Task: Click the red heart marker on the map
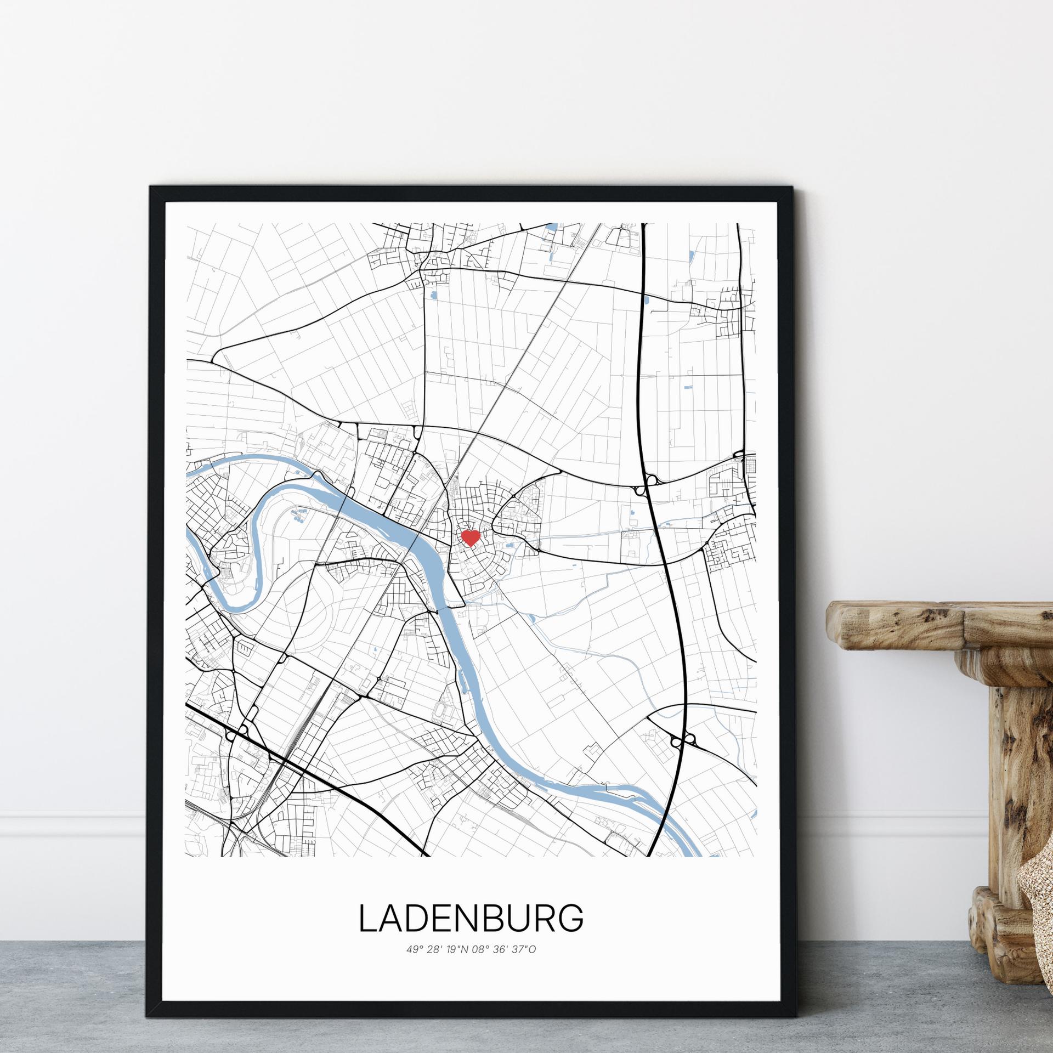tap(470, 537)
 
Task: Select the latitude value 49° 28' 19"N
tap(438, 949)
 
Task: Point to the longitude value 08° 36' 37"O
tap(504, 949)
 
